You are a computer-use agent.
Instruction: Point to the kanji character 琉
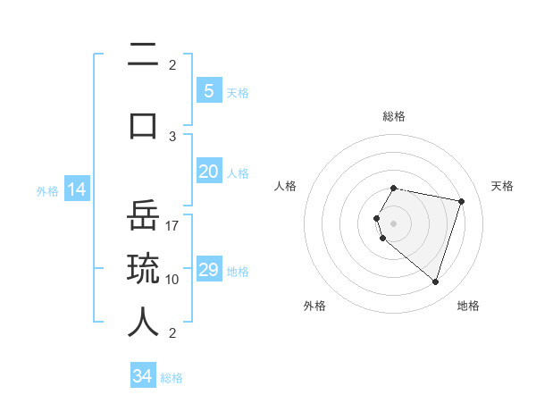(143, 269)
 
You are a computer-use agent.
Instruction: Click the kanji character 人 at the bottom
(143, 322)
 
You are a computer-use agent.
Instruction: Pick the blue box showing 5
(208, 91)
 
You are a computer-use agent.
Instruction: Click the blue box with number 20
(208, 172)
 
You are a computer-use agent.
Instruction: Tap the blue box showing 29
(208, 270)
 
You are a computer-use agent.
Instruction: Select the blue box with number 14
(76, 189)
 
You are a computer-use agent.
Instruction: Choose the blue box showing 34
(143, 376)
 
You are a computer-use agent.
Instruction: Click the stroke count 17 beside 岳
(172, 225)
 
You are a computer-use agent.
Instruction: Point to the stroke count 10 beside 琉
(172, 279)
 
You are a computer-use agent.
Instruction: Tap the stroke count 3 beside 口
(172, 136)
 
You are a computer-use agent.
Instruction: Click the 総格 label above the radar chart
(394, 116)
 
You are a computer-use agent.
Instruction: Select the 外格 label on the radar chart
(314, 306)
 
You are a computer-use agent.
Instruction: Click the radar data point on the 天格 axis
(461, 201)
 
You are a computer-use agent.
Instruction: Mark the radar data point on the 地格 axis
(435, 281)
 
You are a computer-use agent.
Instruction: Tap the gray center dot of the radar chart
(394, 223)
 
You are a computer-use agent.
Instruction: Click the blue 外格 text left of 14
(46, 190)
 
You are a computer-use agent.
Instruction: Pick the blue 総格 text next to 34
(172, 378)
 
